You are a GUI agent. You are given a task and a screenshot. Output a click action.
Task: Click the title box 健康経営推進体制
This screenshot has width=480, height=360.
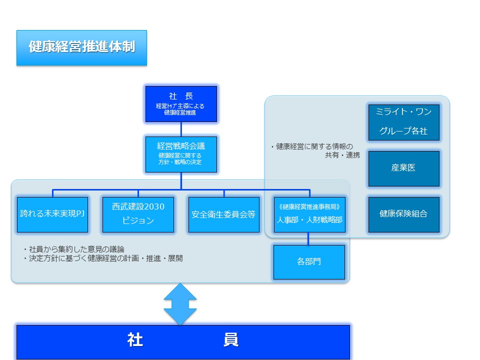pos(81,48)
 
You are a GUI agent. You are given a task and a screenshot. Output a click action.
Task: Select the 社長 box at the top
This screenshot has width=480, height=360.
pos(181,104)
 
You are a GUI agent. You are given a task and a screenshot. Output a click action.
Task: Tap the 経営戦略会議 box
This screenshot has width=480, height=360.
pos(181,154)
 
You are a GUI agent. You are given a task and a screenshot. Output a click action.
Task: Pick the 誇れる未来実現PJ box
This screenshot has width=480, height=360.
pos(52,214)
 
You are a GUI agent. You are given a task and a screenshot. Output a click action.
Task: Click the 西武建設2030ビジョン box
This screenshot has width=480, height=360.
pos(138,214)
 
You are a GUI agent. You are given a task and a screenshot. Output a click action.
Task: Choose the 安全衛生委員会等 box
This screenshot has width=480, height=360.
pos(223,214)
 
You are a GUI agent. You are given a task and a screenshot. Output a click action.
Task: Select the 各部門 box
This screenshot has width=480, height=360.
pos(309,262)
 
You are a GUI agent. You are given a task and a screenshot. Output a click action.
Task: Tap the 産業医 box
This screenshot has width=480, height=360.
pos(403,168)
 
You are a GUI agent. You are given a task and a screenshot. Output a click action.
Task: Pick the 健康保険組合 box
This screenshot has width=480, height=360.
pos(403,214)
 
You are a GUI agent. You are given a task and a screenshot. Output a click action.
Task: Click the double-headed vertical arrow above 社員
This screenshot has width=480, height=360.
pos(180,304)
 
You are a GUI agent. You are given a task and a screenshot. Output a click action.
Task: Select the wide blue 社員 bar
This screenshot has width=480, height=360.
pos(183,342)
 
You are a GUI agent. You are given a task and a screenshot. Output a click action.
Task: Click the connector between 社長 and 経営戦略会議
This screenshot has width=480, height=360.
pos(181,129)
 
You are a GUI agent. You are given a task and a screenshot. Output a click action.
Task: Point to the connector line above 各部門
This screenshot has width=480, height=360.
pos(308,238)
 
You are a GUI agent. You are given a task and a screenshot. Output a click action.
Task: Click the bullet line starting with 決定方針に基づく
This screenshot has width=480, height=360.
pos(103,258)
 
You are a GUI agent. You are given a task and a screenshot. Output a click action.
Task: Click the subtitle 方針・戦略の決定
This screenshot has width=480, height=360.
pos(181,163)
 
